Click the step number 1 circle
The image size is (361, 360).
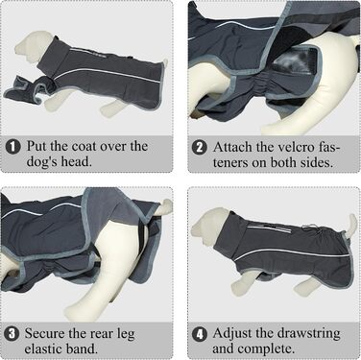(x=13, y=147)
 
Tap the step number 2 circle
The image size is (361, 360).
(x=200, y=148)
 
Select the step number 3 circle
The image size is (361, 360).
(x=12, y=334)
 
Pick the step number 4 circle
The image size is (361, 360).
(x=200, y=334)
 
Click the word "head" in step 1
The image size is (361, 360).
(x=75, y=161)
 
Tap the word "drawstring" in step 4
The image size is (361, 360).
(x=308, y=333)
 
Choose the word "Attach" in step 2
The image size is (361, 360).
(x=232, y=147)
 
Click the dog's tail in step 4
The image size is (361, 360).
(x=352, y=224)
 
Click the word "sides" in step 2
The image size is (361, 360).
(x=315, y=162)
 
